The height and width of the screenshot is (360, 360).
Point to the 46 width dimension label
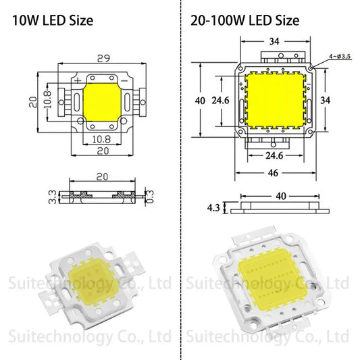click(x=274, y=173)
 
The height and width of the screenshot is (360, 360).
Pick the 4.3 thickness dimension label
click(x=212, y=209)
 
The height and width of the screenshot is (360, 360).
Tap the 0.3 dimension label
click(x=149, y=197)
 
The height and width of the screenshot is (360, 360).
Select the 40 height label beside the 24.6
click(x=199, y=100)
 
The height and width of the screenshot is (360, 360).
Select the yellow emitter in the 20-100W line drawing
click(x=275, y=99)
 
